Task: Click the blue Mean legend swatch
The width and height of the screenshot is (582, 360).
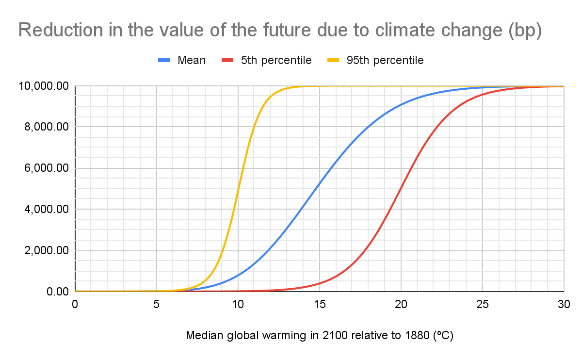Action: point(164,60)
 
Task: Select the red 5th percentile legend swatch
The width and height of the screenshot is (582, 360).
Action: point(228,60)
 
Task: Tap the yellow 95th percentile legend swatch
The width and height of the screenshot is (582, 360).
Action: point(333,60)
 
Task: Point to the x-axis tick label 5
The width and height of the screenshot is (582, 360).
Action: point(157,304)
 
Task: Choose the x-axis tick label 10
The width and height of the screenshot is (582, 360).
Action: point(238,304)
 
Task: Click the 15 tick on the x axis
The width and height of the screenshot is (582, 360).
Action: point(320,304)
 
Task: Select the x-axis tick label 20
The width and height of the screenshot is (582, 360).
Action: point(401,304)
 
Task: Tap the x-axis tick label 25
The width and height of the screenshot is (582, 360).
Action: point(483,304)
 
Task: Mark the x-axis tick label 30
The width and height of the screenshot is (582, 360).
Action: point(563,304)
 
